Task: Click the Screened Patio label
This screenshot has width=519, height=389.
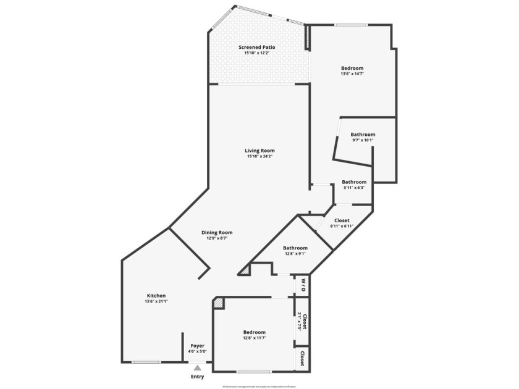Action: pos(257,47)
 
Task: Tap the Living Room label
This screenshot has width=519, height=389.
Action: pos(259,150)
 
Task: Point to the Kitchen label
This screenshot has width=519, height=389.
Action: pos(156,296)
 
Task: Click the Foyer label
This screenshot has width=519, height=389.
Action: pos(197,346)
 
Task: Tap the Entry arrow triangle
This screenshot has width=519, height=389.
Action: pos(197,367)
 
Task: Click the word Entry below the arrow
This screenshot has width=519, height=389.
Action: pos(197,377)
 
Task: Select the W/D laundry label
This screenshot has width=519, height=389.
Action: pos(303,285)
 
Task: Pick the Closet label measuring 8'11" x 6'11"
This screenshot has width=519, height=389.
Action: pos(342,220)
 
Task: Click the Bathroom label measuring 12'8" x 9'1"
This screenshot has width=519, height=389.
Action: pos(296,248)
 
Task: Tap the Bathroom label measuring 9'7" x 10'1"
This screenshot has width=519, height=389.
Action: pos(363,135)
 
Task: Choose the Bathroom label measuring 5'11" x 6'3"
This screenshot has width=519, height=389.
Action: pos(354,182)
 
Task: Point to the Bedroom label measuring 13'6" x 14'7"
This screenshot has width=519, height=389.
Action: pos(352,68)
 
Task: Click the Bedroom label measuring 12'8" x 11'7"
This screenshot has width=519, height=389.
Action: pos(255,332)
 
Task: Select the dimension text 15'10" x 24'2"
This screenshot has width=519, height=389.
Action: pos(259,156)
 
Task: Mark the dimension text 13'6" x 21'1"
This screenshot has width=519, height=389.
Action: pos(156,301)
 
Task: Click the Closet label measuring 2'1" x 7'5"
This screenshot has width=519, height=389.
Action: pos(304,322)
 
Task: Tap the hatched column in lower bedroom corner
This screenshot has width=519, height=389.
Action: pos(219,303)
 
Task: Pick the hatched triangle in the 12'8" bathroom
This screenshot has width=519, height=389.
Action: pos(245,270)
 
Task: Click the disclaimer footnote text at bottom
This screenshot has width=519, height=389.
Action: pos(259,387)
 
